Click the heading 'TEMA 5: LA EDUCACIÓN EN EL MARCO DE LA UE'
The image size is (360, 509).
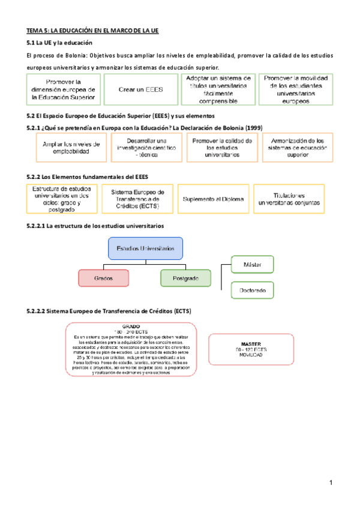(x=92, y=30)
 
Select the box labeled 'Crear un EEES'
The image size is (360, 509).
(x=141, y=89)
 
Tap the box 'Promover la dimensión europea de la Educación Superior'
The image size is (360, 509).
(x=64, y=89)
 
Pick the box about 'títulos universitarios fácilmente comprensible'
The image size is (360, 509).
(x=218, y=89)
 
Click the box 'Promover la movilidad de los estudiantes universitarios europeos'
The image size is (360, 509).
(x=295, y=89)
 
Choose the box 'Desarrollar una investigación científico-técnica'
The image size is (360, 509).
(x=146, y=148)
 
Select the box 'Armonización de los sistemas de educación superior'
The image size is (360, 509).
(x=298, y=148)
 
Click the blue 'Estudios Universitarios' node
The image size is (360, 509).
(x=145, y=247)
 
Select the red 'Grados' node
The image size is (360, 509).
(x=103, y=278)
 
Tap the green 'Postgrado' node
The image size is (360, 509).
(x=186, y=278)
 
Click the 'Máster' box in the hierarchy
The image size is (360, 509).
(x=253, y=264)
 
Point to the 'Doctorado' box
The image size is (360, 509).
(x=253, y=291)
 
